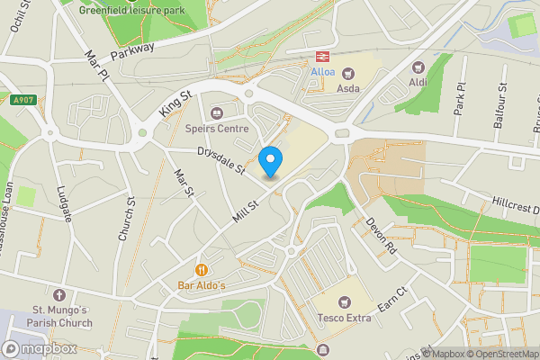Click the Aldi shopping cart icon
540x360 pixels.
click(x=418, y=67)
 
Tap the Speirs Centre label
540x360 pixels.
click(x=216, y=129)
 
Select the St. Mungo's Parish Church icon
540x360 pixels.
click(x=59, y=295)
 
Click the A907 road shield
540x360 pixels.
click(x=23, y=100)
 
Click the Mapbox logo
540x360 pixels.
click(x=39, y=348)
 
